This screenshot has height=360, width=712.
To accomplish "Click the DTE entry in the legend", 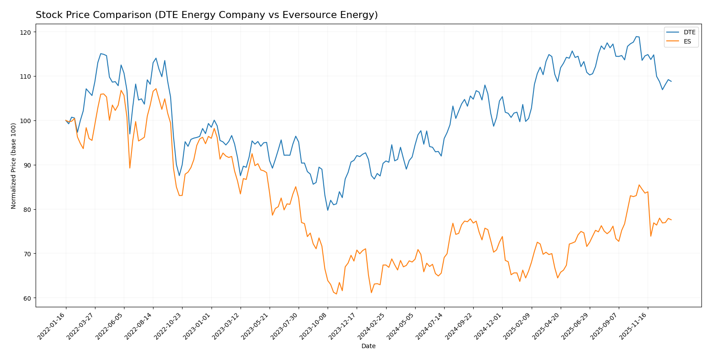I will click(689, 32).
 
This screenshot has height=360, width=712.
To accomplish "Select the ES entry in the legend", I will click(687, 42).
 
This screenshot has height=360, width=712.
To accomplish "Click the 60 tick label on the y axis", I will click(27, 298).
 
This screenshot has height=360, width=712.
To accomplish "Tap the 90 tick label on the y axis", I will click(27, 165).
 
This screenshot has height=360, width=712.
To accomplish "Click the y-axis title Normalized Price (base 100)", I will click(14, 166).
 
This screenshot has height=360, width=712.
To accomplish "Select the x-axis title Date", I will click(368, 346).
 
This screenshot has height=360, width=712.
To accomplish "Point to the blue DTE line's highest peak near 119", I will click(636, 36).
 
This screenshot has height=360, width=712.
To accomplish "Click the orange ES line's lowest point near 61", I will click(336, 294).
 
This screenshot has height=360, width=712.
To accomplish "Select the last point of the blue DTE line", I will click(671, 81).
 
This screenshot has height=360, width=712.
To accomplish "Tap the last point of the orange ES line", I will click(671, 220).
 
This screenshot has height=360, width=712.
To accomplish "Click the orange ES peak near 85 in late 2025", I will click(639, 185).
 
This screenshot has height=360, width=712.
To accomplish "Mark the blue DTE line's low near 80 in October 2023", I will click(328, 210).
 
